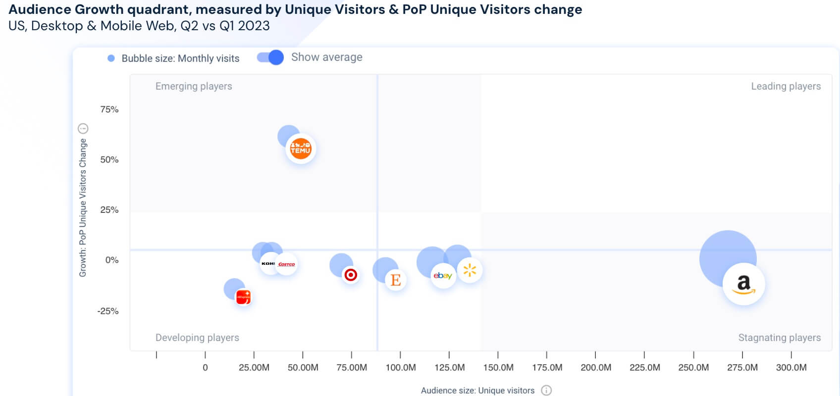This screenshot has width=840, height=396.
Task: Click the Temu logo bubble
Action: click(301, 148)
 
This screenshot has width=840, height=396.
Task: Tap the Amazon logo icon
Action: click(743, 284)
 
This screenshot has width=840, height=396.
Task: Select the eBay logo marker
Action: click(442, 276)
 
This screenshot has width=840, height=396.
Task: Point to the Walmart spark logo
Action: click(470, 270)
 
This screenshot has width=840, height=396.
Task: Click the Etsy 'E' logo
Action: click(395, 280)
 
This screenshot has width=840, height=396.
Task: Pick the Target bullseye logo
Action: click(351, 275)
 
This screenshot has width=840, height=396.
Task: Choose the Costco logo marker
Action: click(287, 264)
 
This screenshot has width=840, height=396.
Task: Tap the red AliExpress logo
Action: click(243, 297)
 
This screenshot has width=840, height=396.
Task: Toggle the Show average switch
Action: click(270, 57)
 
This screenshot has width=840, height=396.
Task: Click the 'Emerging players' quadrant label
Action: click(194, 86)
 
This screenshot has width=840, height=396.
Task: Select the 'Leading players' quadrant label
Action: click(786, 86)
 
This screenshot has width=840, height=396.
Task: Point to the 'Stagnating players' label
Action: click(779, 338)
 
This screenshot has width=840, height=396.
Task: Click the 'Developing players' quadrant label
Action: click(197, 338)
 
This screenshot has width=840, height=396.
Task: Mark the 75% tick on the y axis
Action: click(109, 109)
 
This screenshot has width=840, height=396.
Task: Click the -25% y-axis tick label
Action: click(108, 311)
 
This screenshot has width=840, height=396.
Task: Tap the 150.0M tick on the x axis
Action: click(498, 367)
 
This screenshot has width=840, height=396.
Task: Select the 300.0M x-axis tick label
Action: click(791, 367)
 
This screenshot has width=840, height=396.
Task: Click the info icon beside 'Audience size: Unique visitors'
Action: click(546, 391)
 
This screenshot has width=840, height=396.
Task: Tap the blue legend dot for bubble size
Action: click(111, 58)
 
